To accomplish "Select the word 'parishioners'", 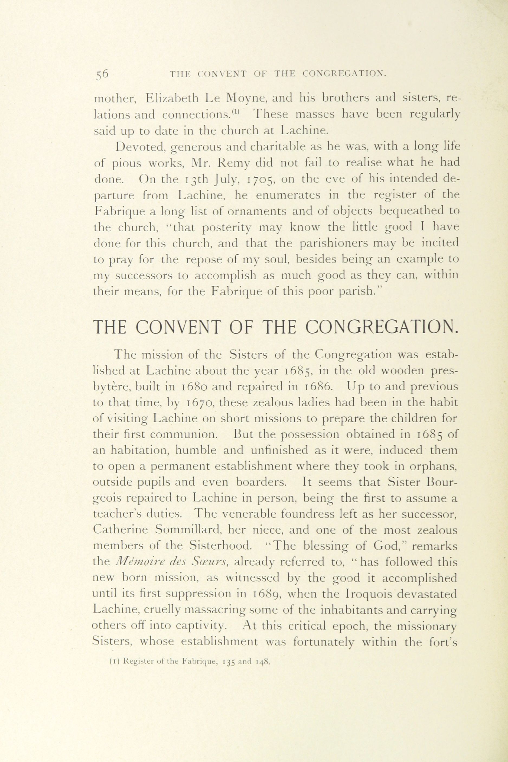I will tap(335, 243).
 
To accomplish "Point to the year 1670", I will tap(201, 403).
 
